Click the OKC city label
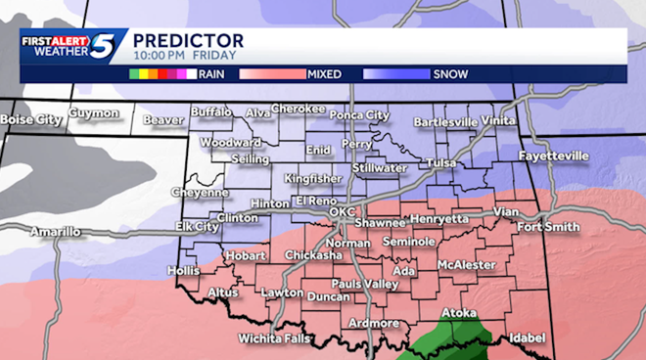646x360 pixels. click(343, 211)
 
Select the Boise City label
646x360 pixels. click(28, 120)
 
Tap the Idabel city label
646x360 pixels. click(528, 337)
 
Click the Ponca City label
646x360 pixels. click(358, 114)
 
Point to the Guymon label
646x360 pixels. click(94, 113)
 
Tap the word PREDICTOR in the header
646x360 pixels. click(188, 40)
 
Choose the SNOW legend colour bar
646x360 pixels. click(395, 73)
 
